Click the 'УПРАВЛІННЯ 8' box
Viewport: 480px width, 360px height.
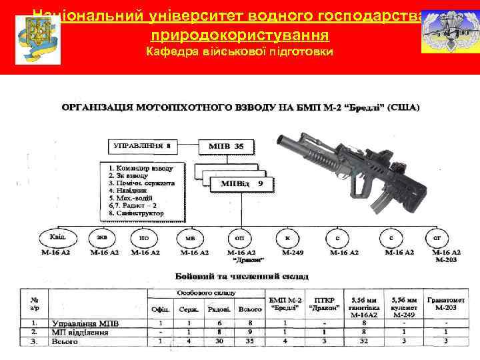click(143, 145)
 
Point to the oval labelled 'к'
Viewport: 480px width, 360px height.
click(287, 237)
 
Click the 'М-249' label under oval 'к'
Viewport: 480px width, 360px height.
click(287, 252)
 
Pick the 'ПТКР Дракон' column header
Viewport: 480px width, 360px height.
click(325, 303)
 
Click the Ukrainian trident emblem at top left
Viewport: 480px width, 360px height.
click(37, 39)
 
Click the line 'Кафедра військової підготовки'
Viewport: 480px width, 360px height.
click(240, 52)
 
